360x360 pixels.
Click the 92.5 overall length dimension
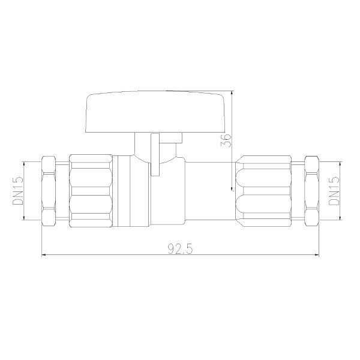click(x=180, y=248)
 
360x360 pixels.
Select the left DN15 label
click(x=18, y=191)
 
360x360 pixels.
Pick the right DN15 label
click(x=334, y=191)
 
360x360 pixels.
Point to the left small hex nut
click(x=49, y=191)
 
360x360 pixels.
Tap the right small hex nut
click(x=312, y=191)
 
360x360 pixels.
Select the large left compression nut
click(x=91, y=191)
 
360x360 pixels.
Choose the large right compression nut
click(x=264, y=191)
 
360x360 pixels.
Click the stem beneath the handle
click(x=158, y=147)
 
